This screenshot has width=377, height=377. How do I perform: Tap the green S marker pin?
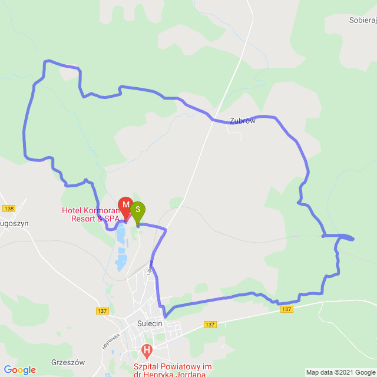click(x=137, y=210)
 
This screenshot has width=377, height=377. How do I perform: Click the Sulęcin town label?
click(x=150, y=323)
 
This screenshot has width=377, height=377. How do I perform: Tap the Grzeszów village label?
click(x=68, y=346)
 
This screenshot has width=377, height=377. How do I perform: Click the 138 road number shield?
click(x=8, y=209)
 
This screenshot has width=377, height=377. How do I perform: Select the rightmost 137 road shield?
click(x=287, y=309)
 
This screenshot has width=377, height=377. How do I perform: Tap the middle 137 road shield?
click(x=210, y=325)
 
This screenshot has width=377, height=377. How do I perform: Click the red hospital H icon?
click(x=147, y=352)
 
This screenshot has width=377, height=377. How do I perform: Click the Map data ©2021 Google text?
click(x=340, y=372)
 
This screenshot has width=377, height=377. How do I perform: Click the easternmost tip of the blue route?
click(x=354, y=238)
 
